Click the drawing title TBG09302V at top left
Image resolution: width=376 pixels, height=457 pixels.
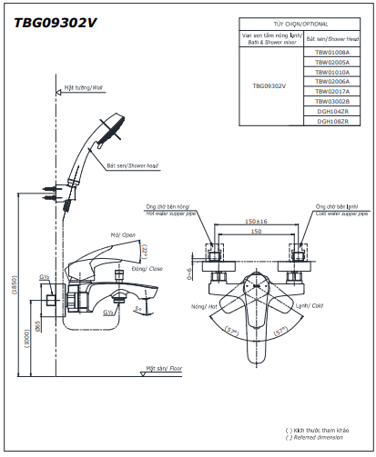pyautogui.click(x=55, y=24)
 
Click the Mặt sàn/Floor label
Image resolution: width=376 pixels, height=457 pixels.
pyautogui.click(x=164, y=370)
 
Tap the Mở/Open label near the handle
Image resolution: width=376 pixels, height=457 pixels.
pyautogui.click(x=122, y=235)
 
